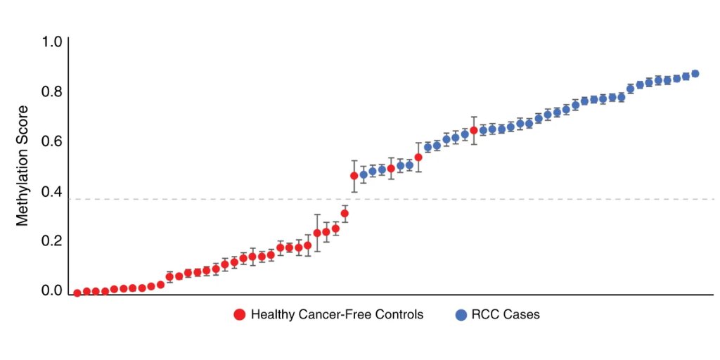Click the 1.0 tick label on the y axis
(52, 42)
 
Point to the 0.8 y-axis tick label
(52, 92)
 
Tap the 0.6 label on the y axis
(52, 141)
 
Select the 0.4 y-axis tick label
(52, 191)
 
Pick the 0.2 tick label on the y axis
(52, 241)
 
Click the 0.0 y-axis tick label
(52, 290)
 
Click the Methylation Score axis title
(22, 166)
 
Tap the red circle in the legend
(240, 315)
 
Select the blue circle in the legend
(461, 315)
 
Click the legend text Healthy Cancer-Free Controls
(337, 315)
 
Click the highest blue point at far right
(695, 74)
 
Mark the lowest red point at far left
(77, 293)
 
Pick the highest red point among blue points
(474, 130)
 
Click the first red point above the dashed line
(354, 176)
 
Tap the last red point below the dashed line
(345, 213)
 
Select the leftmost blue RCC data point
(364, 174)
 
